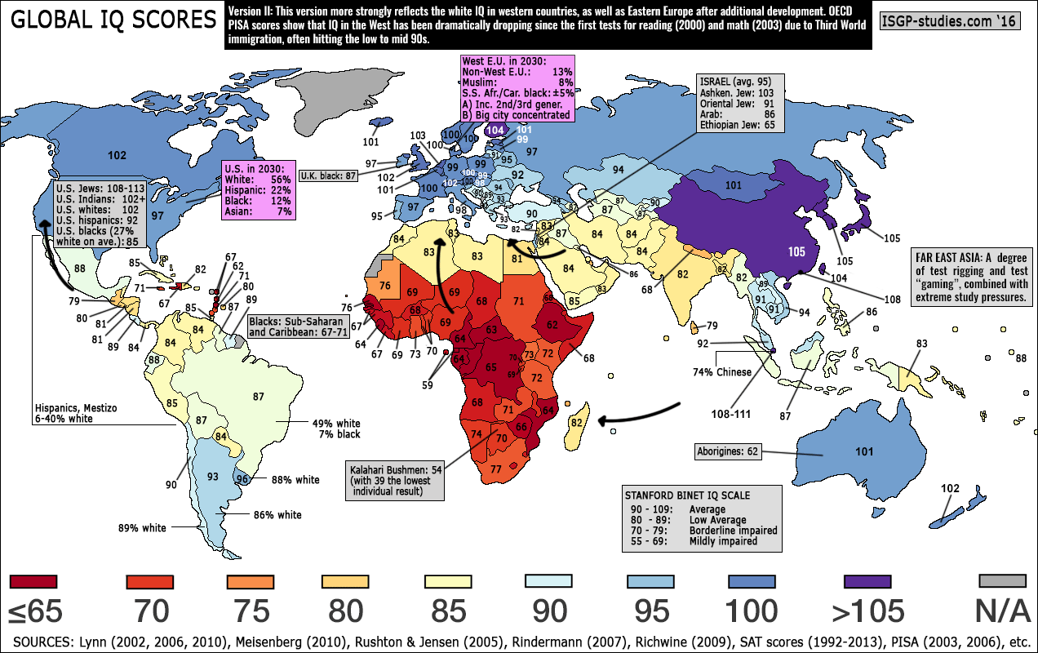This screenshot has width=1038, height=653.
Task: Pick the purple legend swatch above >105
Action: (x=867, y=581)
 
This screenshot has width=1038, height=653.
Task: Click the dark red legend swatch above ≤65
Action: (x=36, y=581)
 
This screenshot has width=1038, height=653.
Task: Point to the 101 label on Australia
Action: (x=863, y=451)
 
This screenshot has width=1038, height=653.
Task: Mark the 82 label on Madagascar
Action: (x=577, y=422)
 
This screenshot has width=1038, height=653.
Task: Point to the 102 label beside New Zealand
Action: (x=950, y=488)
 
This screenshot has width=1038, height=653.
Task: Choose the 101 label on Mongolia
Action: (x=733, y=185)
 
